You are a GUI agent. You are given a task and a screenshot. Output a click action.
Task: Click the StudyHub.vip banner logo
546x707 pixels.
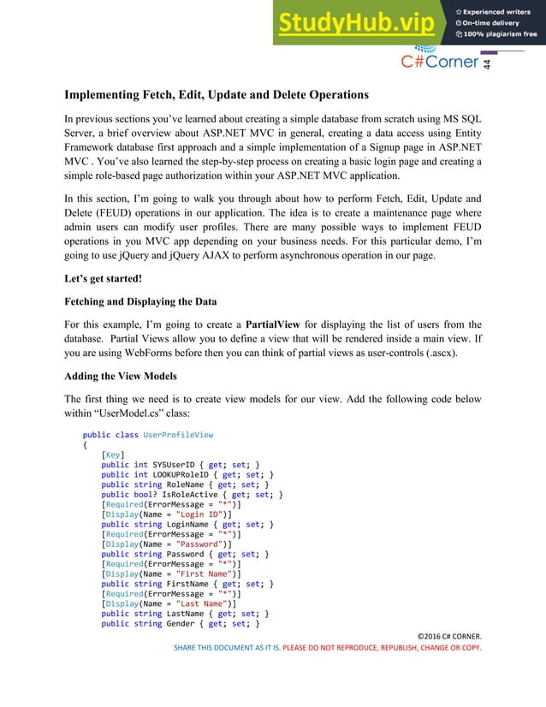tap(355, 24)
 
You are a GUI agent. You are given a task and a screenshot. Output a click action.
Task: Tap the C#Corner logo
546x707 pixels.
tap(441, 62)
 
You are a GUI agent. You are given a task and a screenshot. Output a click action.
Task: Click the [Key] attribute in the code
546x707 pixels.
tap(113, 454)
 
